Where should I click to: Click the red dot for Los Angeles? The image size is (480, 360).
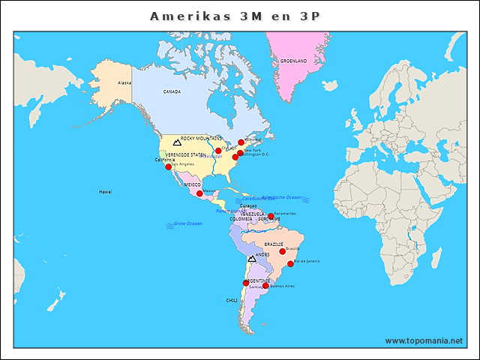pyautogui.click(x=169, y=166)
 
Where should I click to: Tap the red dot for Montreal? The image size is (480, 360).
pyautogui.click(x=241, y=142)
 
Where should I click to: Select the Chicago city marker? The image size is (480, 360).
pyautogui.click(x=218, y=151)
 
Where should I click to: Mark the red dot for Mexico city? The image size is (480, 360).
pyautogui.click(x=199, y=193)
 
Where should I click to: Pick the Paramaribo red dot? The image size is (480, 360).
pyautogui.click(x=271, y=216)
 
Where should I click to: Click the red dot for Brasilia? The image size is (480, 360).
pyautogui.click(x=283, y=251)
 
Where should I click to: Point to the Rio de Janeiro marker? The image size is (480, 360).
pyautogui.click(x=291, y=263)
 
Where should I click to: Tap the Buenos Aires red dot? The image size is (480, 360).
pyautogui.click(x=265, y=286)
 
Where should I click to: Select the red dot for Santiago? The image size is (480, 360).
pyautogui.click(x=245, y=283)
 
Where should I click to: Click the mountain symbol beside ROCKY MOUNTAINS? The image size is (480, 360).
pyautogui.click(x=177, y=141)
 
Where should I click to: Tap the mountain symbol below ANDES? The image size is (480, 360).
pyautogui.click(x=252, y=259)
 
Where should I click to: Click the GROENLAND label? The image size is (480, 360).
pyautogui.click(x=293, y=61)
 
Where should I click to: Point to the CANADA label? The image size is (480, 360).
pyautogui.click(x=172, y=91)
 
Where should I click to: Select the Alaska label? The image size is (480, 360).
pyautogui.click(x=124, y=82)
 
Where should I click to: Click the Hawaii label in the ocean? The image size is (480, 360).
pyautogui.click(x=105, y=192)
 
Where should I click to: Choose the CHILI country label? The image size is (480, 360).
pyautogui.click(x=232, y=300)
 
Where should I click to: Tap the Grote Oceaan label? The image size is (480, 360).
pyautogui.click(x=187, y=223)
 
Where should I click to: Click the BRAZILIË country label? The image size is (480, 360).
pyautogui.click(x=274, y=244)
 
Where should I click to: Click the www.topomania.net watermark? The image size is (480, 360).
pyautogui.click(x=424, y=340)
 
